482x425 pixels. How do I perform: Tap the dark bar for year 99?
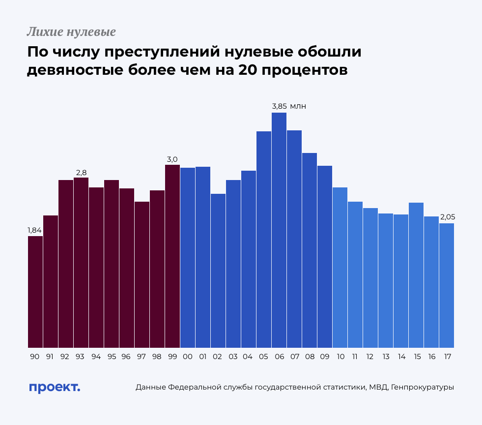click(172, 256)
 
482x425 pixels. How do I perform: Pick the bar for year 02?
click(218, 271)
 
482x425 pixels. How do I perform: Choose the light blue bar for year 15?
click(416, 275)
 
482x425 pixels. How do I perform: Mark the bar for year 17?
click(447, 285)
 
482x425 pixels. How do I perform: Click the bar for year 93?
click(81, 263)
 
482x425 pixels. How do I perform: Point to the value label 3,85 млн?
click(289, 106)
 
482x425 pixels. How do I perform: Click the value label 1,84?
click(34, 230)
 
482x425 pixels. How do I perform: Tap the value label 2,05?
click(448, 217)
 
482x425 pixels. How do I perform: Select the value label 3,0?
click(172, 159)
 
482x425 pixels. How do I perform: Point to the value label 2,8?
click(81, 172)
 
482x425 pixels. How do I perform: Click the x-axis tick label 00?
click(187, 357)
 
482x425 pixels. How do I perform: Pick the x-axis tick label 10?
click(340, 357)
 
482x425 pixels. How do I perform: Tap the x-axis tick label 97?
click(142, 357)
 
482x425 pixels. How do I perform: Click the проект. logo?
click(54, 387)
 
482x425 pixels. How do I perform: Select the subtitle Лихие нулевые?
click(71, 32)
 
